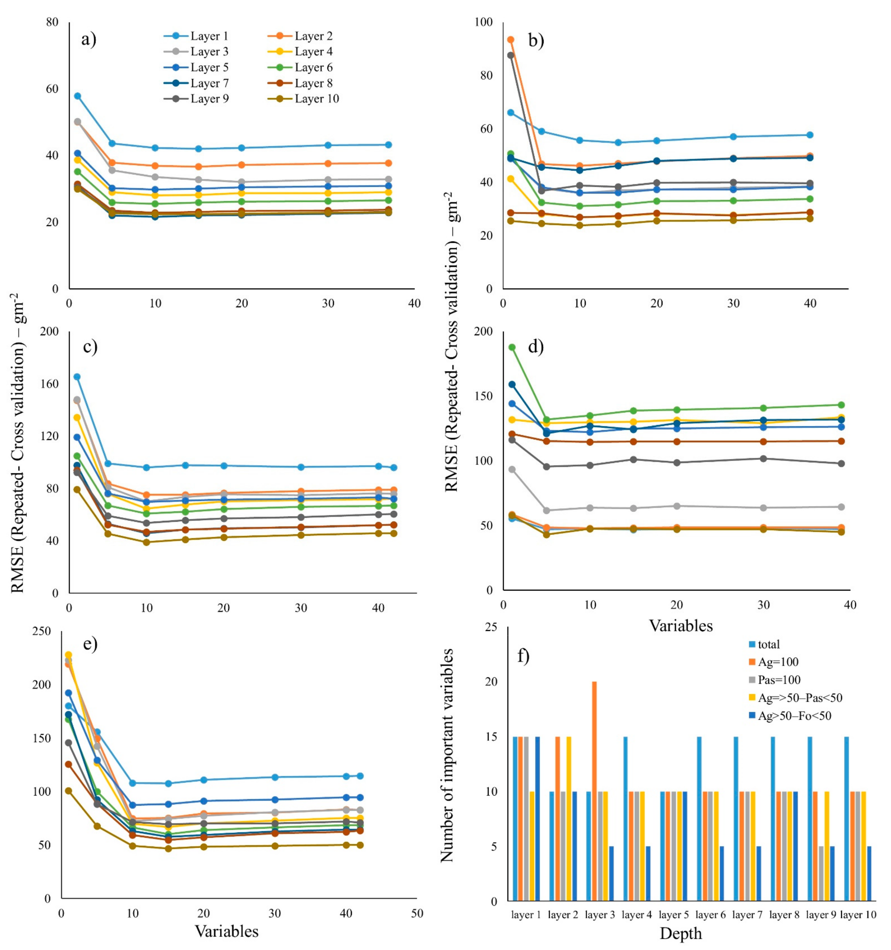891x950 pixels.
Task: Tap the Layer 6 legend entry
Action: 313,67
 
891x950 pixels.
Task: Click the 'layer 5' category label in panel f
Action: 674,915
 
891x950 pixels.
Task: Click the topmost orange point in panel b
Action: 510,40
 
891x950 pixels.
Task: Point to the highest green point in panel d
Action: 512,347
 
